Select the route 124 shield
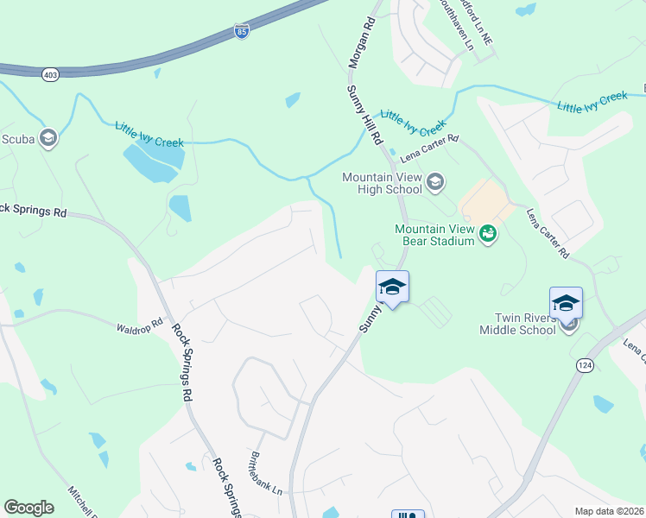point(584,366)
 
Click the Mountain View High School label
point(382,183)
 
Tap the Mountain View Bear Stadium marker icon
point(488,232)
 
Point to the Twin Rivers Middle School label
point(519,324)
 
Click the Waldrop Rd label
point(140,325)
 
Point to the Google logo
point(28,507)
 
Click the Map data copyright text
point(608,511)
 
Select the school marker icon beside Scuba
point(49,138)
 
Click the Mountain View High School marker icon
point(435,181)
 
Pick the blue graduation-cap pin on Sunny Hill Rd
point(392,288)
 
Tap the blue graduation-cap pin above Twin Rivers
point(566,303)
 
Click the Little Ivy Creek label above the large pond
point(149,134)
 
